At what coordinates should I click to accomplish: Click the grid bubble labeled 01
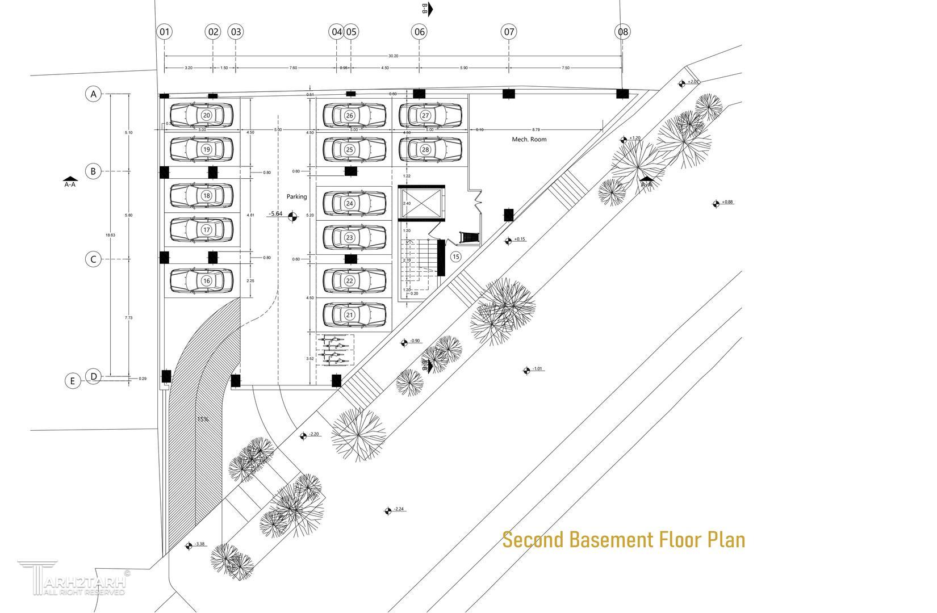(x=165, y=32)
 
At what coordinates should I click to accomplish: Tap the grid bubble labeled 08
(x=623, y=32)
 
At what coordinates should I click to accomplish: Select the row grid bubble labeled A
(x=94, y=94)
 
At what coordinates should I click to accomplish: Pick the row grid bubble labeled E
(x=72, y=381)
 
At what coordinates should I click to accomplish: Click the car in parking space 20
(x=202, y=115)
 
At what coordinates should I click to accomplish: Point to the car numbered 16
(x=202, y=280)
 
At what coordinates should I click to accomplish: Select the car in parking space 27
(x=430, y=115)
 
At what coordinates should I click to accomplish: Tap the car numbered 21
(x=354, y=315)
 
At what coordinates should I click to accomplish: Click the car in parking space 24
(x=354, y=203)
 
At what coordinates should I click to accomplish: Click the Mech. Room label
(x=529, y=139)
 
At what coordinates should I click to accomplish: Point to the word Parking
(x=296, y=196)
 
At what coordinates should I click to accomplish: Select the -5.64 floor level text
(x=275, y=214)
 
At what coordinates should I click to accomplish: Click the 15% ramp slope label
(x=203, y=419)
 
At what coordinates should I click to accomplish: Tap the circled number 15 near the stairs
(x=455, y=257)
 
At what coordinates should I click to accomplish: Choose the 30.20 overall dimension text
(x=393, y=56)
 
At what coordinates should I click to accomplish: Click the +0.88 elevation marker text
(x=727, y=202)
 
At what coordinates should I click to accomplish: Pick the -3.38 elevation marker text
(x=199, y=544)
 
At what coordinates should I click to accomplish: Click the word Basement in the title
(x=612, y=540)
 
